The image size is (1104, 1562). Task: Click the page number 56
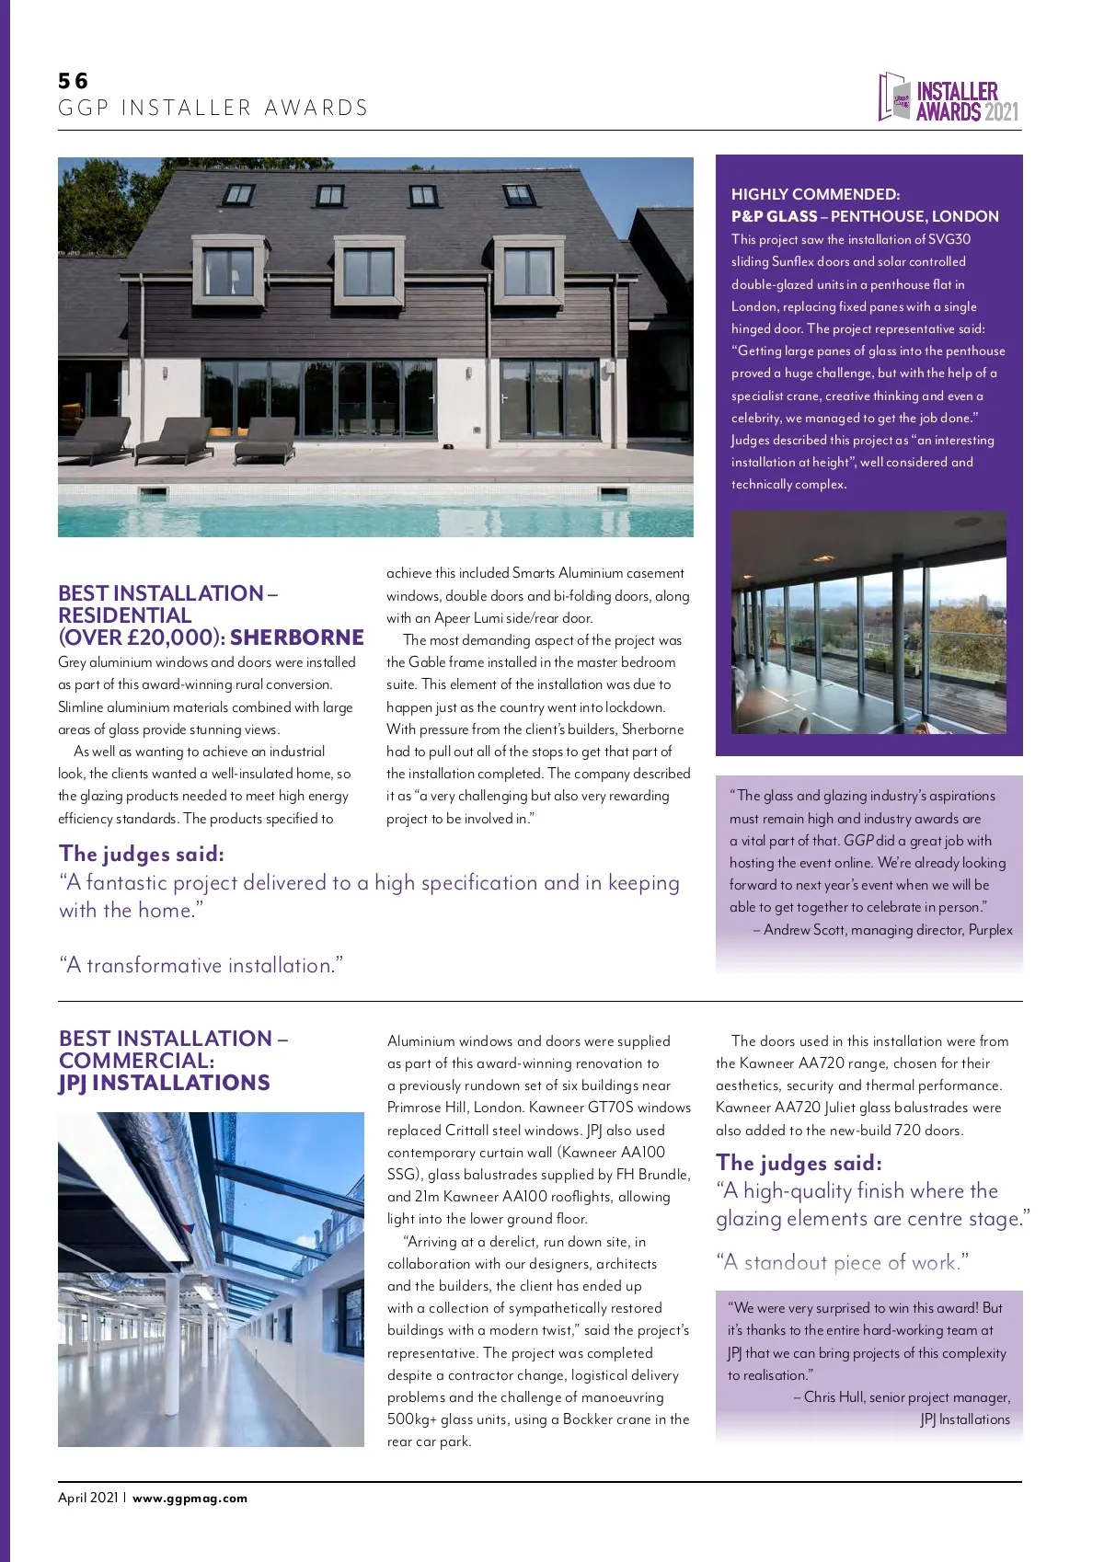(73, 81)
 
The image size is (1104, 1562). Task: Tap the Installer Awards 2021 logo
(949, 98)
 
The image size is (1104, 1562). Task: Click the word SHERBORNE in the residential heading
(297, 637)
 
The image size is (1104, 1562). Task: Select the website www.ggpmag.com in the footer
(190, 1498)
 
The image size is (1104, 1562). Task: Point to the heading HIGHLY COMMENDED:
(815, 194)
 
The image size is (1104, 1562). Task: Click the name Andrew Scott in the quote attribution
(804, 930)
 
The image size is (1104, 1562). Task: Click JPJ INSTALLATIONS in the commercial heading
(165, 1083)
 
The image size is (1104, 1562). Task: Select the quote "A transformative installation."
(201, 966)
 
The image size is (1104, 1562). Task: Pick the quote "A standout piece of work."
(843, 1262)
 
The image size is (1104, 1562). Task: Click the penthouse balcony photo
(868, 623)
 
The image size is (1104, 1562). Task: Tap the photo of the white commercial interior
(211, 1279)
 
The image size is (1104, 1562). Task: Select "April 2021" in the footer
(88, 1498)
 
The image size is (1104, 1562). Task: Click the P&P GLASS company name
(774, 216)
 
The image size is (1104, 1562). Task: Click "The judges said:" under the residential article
(142, 854)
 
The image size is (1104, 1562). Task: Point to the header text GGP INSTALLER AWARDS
(213, 108)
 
